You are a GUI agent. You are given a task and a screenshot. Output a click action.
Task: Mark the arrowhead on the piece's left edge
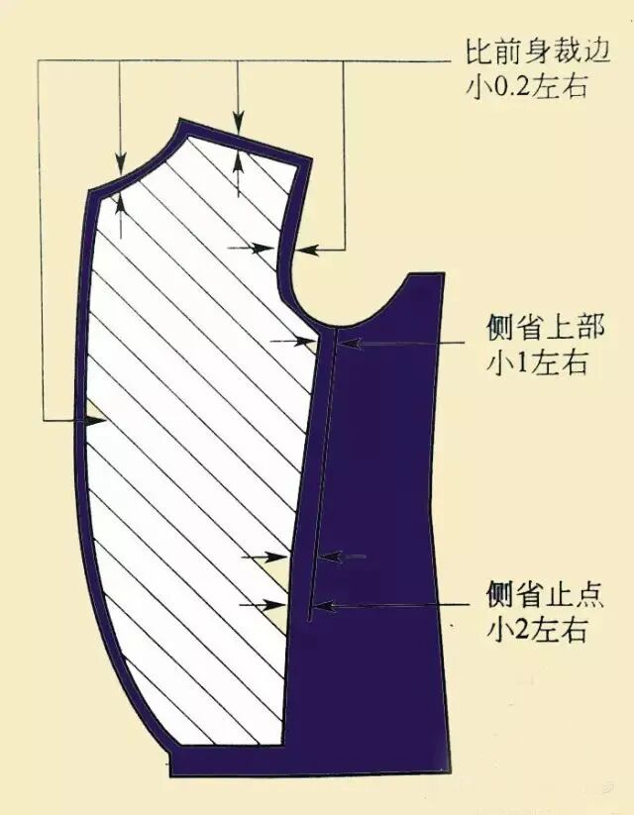point(95,420)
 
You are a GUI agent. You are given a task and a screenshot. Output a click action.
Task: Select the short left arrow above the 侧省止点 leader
point(332,557)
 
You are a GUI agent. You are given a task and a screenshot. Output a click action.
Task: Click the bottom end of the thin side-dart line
point(308,620)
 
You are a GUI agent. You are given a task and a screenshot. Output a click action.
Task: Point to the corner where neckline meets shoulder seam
point(184,122)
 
